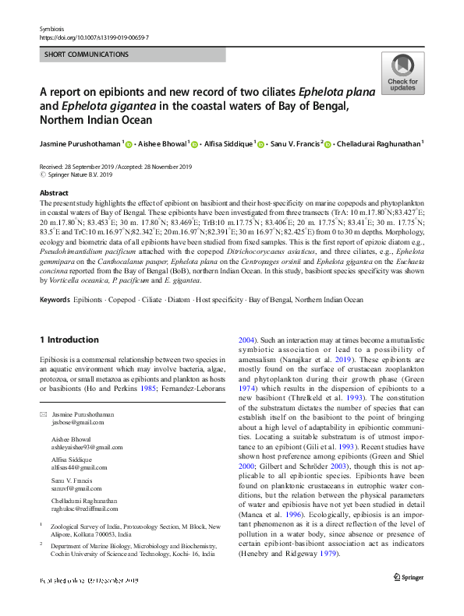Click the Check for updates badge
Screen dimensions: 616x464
coord(402,74)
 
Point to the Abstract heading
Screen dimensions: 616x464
coord(54,192)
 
